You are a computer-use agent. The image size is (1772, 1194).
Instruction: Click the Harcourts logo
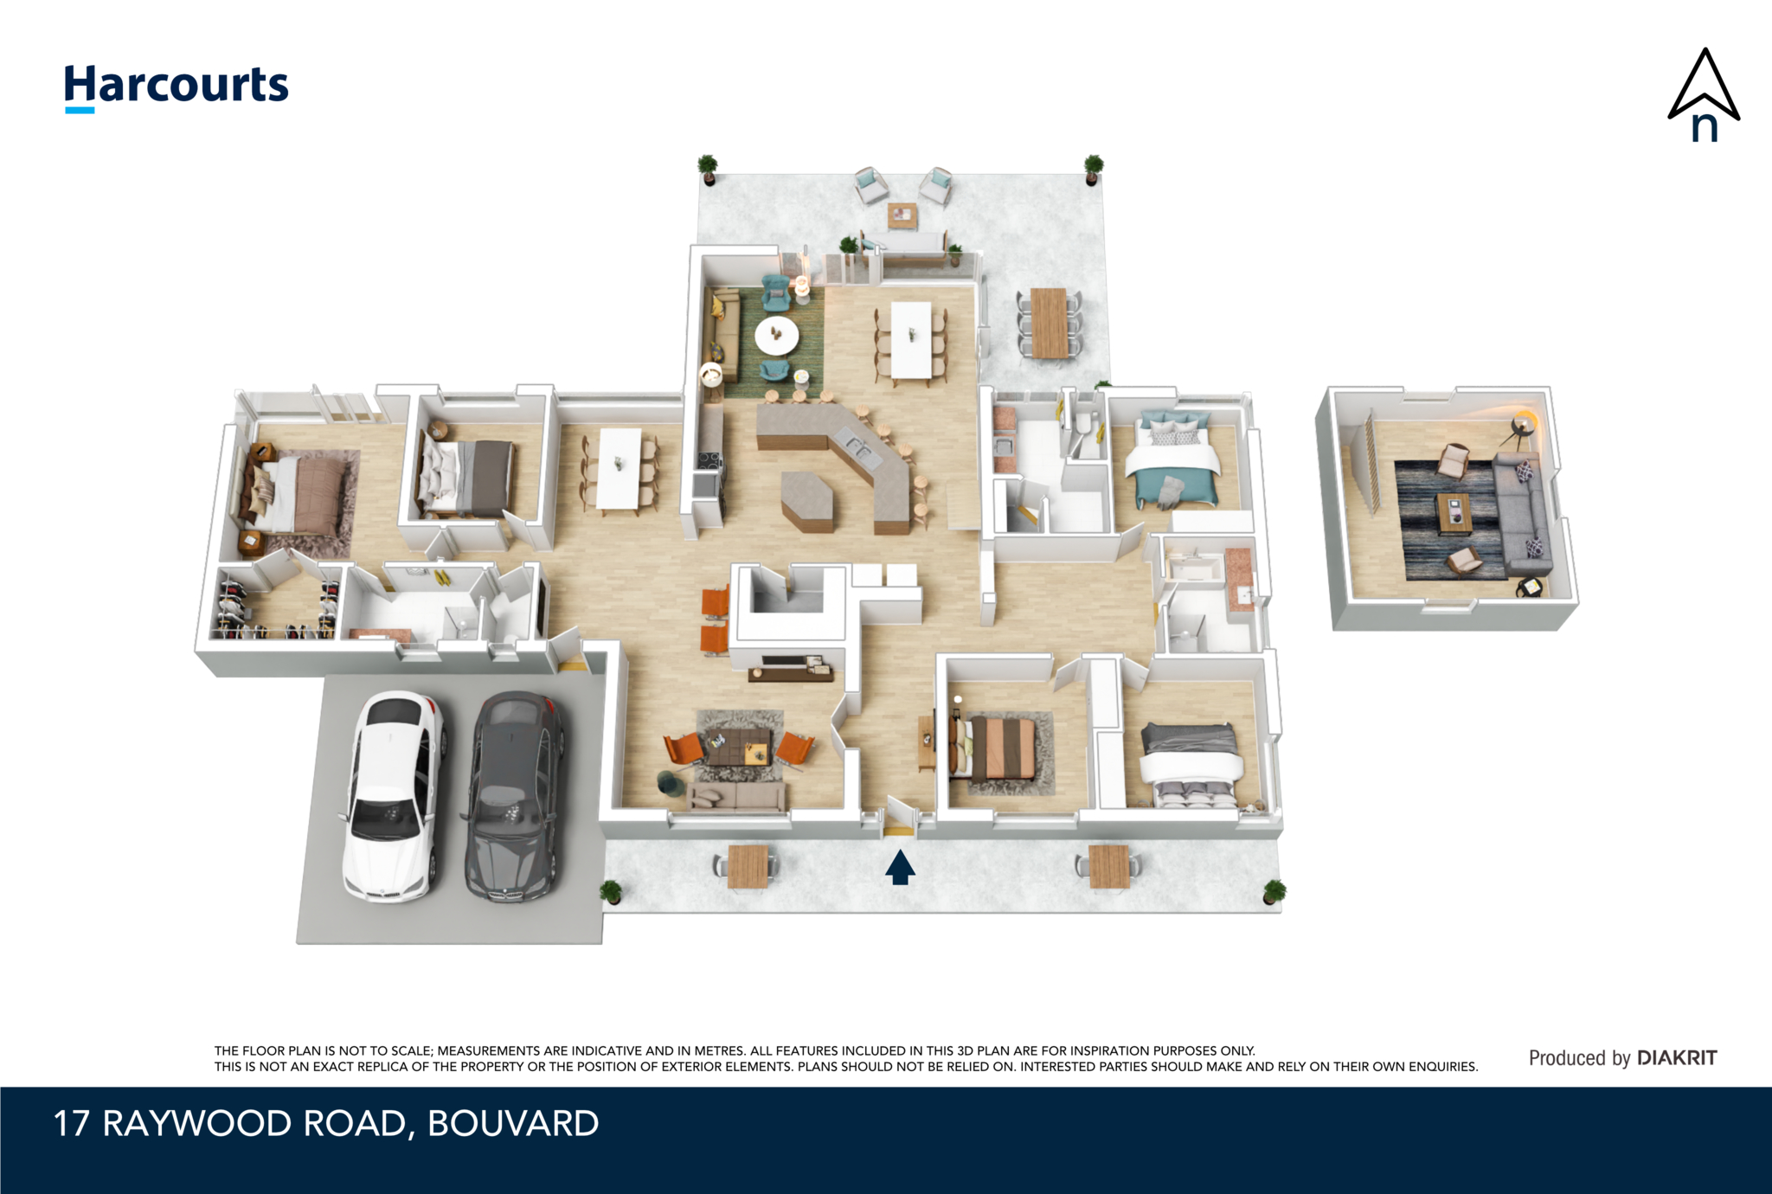coord(177,87)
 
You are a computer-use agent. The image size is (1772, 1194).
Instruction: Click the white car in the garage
coord(394,796)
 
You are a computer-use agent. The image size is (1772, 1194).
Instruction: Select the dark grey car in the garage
coord(514,796)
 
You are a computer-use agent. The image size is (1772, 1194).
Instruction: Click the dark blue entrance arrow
coord(900,867)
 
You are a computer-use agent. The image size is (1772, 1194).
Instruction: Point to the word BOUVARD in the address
coord(513,1124)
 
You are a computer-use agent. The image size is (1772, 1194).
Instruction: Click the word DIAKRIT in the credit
coord(1677,1057)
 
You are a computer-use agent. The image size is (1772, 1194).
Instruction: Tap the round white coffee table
coord(776,336)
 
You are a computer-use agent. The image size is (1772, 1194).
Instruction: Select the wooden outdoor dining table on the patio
coord(1050,323)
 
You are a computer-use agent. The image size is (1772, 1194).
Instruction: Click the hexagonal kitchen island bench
coord(807,499)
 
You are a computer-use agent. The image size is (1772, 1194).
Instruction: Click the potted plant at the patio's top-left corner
coord(708,168)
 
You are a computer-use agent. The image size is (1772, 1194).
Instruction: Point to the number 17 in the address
coord(72,1124)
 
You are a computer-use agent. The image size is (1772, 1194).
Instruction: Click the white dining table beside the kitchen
coord(911,339)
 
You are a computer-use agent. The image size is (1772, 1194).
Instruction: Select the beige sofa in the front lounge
coord(736,796)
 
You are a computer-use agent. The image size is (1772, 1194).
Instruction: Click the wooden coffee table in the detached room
coord(1454,514)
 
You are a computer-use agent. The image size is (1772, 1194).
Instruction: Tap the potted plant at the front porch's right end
coord(1273,891)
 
